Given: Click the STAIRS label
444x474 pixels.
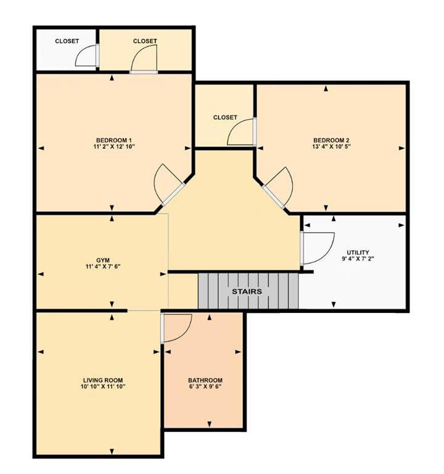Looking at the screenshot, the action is click(247, 291).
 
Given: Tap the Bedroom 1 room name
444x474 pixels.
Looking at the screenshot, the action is click(114, 140).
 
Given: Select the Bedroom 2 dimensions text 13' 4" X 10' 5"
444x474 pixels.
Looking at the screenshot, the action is click(331, 147).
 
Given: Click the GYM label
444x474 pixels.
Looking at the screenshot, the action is click(103, 260).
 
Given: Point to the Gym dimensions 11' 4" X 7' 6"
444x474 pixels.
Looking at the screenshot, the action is click(103, 267).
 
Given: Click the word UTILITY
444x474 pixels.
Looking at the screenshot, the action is click(358, 252).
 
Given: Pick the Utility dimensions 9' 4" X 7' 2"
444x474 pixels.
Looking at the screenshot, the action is click(358, 259).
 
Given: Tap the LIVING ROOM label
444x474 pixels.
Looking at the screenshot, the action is click(103, 380).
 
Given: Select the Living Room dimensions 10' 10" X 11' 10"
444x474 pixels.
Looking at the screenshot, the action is click(103, 386).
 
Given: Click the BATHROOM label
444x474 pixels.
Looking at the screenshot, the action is click(205, 380).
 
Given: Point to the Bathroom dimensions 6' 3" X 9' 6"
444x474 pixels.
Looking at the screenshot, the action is click(205, 386).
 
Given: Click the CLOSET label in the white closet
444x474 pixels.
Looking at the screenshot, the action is click(67, 41).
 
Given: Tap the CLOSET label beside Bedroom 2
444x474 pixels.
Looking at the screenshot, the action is click(225, 117).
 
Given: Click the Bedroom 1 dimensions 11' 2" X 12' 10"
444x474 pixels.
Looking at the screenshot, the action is click(114, 147).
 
